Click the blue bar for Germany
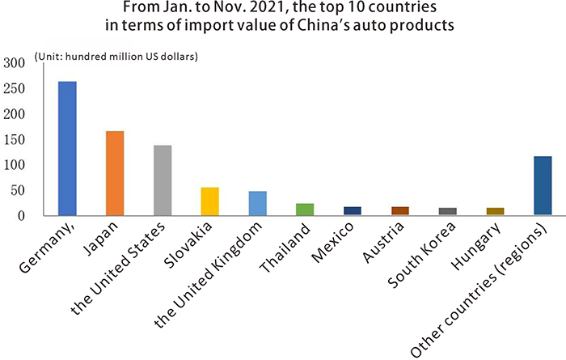point(67,148)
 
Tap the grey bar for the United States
point(162,180)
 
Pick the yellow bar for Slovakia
point(209,201)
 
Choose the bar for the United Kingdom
point(257,203)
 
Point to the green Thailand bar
point(305,209)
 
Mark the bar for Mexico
point(352,210)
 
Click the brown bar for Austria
point(399,210)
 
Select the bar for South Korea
point(447,211)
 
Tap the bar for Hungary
point(495,211)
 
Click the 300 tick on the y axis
point(14,63)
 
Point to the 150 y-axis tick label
point(14,140)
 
